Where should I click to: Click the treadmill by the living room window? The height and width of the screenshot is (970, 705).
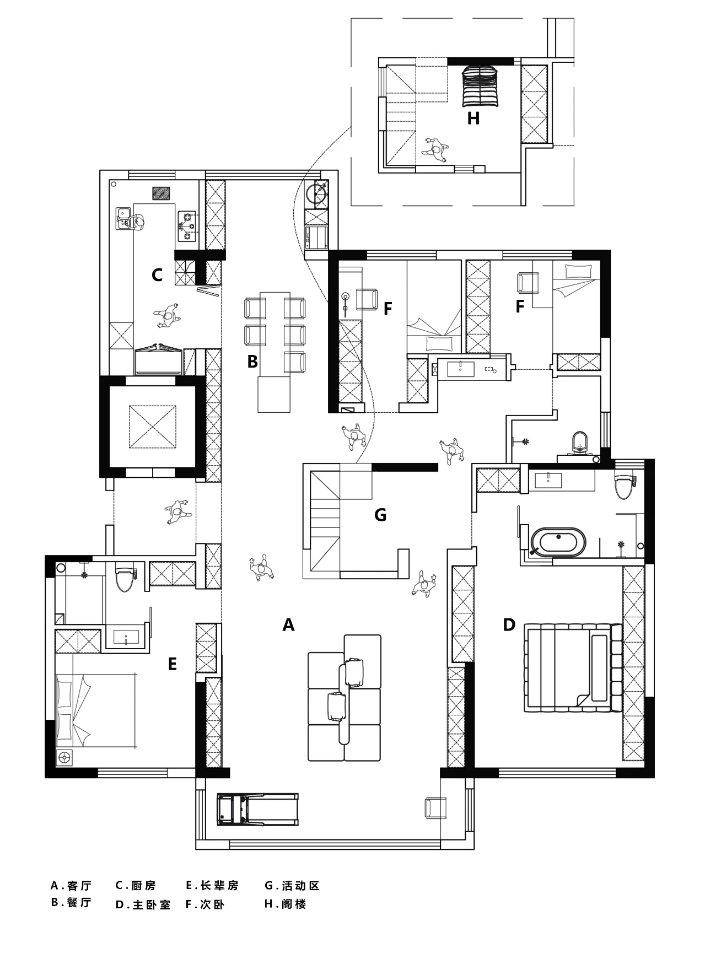258,809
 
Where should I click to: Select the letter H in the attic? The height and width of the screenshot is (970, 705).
473,118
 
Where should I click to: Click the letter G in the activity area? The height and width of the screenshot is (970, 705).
380,515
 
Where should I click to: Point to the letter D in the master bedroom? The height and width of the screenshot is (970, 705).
509,625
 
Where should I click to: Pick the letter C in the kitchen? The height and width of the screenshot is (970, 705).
157,275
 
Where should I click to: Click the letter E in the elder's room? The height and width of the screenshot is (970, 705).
172,664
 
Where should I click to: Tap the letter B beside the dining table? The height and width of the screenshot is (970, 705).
252,362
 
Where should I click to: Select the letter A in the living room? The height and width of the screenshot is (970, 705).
288,625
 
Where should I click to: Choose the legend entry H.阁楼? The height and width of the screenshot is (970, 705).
285,904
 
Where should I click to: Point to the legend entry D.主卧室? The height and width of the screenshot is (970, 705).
143,904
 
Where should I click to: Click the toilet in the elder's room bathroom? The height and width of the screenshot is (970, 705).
125,578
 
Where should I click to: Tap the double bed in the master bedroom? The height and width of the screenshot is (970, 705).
573,667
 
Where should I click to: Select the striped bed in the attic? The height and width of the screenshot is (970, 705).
481,86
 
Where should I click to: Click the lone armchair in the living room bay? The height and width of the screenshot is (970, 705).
435,808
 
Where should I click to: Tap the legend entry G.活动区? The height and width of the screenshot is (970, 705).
292,886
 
